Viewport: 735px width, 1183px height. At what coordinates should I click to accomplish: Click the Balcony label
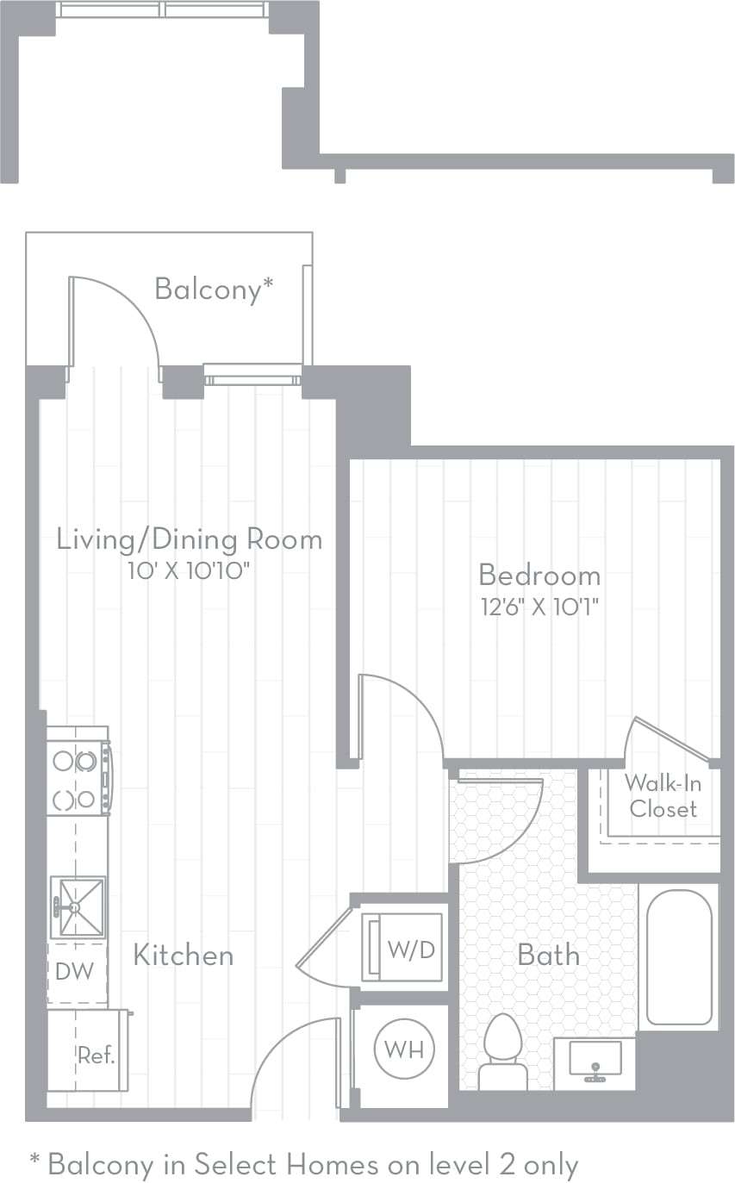click(213, 290)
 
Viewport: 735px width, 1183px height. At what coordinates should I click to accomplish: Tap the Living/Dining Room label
click(190, 540)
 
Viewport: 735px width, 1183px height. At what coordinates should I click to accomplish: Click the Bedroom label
click(539, 575)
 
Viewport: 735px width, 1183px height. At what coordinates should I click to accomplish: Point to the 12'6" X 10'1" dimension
click(540, 606)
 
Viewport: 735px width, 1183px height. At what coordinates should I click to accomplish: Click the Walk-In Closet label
click(663, 795)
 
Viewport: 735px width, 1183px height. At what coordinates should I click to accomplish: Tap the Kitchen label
click(183, 955)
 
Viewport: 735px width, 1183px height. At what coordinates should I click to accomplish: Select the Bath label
click(548, 955)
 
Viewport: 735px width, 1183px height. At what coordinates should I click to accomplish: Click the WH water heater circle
click(404, 1049)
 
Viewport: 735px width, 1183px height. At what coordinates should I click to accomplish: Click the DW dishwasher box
click(76, 972)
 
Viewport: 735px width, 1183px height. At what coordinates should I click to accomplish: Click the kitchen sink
click(78, 906)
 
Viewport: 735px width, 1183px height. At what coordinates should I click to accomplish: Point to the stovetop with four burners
click(76, 780)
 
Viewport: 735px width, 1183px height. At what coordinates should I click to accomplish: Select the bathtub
click(679, 956)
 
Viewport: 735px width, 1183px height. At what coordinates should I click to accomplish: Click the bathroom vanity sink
click(595, 1062)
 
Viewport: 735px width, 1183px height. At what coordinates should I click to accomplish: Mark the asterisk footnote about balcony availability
click(303, 1165)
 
